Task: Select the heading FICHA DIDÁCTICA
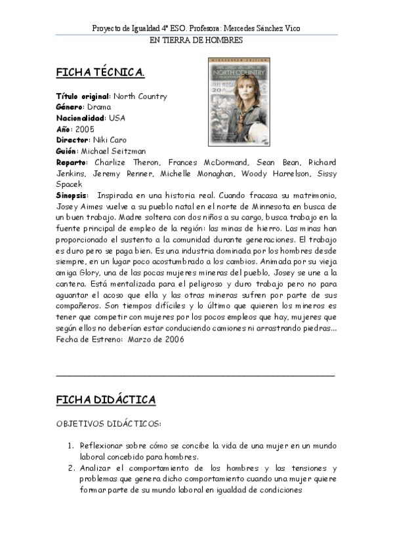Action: click(x=106, y=399)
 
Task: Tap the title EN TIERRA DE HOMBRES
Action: click(x=196, y=40)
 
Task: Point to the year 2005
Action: click(x=85, y=129)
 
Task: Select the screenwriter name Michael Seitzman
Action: click(x=118, y=151)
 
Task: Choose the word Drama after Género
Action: click(x=99, y=107)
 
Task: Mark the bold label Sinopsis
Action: click(x=72, y=195)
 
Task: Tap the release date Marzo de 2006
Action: click(x=156, y=339)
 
